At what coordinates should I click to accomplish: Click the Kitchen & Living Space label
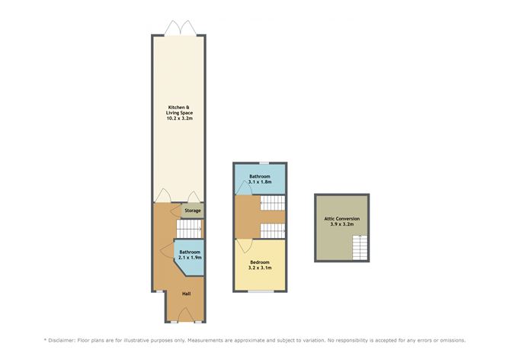[x=180, y=110]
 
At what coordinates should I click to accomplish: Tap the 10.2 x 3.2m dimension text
[x=180, y=118]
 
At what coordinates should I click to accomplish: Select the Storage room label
[x=193, y=211]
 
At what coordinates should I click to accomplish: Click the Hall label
[x=187, y=294]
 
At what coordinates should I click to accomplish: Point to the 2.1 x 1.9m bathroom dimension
[x=190, y=257]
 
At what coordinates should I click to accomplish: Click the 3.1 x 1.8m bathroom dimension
[x=260, y=182]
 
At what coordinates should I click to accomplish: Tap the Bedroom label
[x=260, y=262]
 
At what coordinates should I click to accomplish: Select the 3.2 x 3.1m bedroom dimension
[x=260, y=268]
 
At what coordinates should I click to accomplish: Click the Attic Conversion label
[x=342, y=219]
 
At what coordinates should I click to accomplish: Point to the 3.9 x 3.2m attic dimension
[x=342, y=224]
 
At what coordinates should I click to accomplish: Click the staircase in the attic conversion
[x=360, y=248]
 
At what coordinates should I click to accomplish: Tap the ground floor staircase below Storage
[x=189, y=229]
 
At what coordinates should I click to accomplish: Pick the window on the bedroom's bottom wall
[x=261, y=291]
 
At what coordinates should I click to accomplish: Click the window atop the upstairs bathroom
[x=264, y=162]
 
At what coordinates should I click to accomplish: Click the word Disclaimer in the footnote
[x=62, y=340]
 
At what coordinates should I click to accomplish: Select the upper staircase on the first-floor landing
[x=273, y=203]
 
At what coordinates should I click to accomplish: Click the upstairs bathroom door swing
[x=244, y=189]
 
